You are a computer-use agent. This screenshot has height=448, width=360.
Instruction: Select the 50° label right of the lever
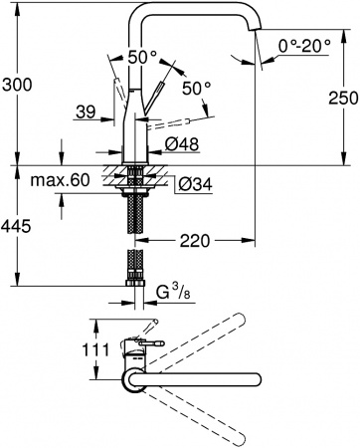click(198, 89)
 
